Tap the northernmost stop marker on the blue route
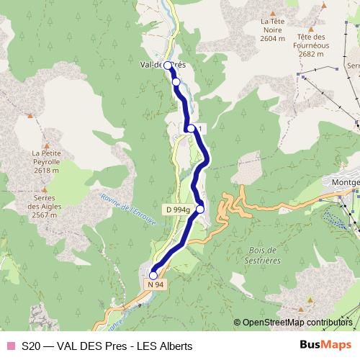tap(168, 66)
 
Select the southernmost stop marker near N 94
tap(153, 275)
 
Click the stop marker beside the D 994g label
tap(200, 210)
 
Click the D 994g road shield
tap(176, 210)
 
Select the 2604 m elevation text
tap(274, 40)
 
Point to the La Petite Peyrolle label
tap(45, 157)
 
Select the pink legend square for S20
tap(9, 346)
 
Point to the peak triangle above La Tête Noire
tap(273, 12)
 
